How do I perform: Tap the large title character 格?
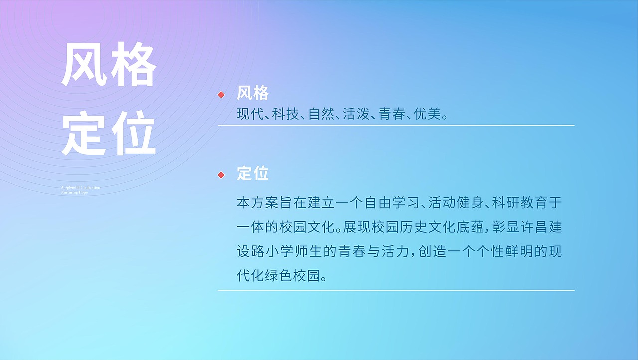coord(132,65)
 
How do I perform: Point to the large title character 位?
coord(132,134)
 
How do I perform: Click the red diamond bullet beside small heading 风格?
coord(221,94)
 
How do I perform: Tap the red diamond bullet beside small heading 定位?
coord(221,175)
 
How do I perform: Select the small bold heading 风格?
coord(253,93)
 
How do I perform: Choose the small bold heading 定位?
coord(253,174)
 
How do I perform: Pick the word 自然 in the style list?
coord(320,114)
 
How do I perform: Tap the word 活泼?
coord(355,114)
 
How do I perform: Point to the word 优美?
coord(427,114)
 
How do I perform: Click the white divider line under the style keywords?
coord(396,125)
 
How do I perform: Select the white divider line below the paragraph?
coord(396,290)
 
